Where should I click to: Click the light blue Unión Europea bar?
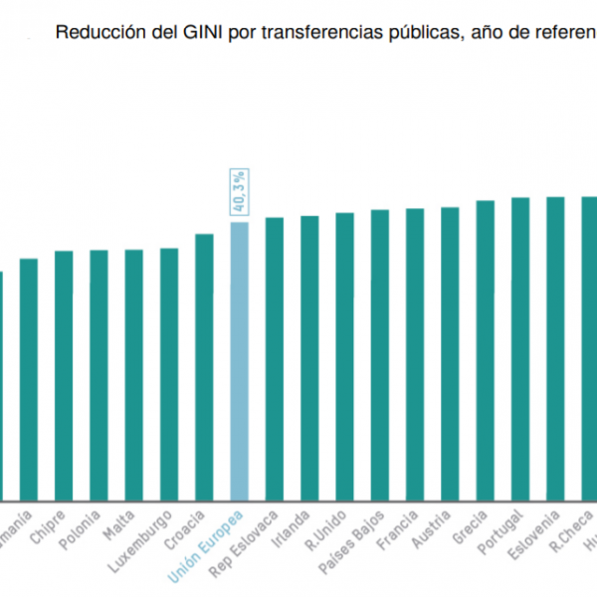[239, 358]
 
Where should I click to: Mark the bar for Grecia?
[486, 348]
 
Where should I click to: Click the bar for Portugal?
[520, 347]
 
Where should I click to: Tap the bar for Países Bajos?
[380, 353]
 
